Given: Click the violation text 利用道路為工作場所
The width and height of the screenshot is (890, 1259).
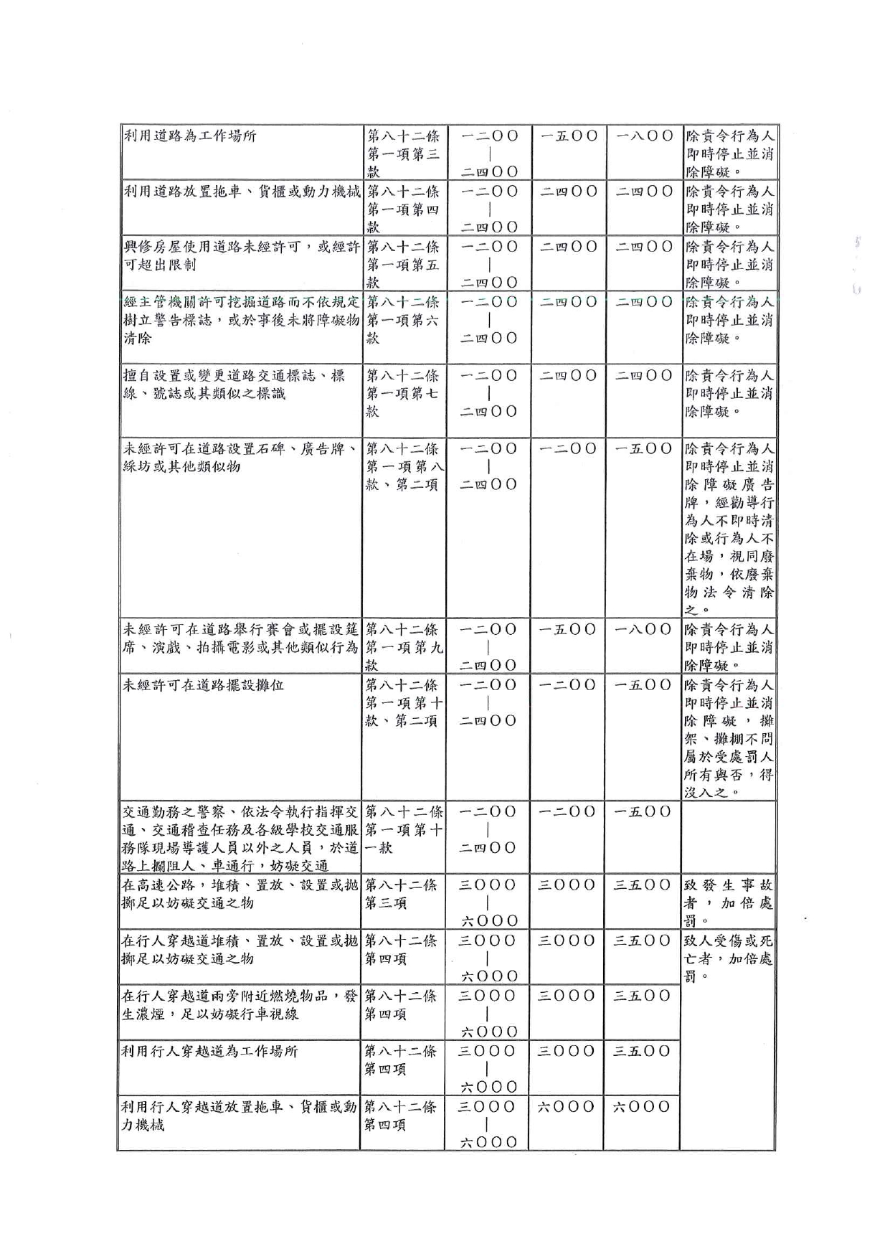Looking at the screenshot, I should (x=190, y=136).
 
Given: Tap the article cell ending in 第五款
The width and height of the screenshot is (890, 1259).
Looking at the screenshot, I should (x=404, y=264).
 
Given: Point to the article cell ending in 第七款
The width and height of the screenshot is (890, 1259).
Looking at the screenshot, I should (x=404, y=393).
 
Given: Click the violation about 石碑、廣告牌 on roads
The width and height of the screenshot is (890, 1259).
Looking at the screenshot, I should (x=240, y=458).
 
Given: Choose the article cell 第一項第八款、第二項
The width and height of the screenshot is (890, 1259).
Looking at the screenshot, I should (x=404, y=466).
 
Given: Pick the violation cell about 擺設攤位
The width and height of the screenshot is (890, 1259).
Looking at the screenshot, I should (x=204, y=685).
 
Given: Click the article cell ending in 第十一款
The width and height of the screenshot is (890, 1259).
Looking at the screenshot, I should (x=404, y=829).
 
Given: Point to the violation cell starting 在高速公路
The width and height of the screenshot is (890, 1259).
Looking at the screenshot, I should (x=240, y=894).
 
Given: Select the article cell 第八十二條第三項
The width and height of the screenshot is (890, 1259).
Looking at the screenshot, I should (x=401, y=894).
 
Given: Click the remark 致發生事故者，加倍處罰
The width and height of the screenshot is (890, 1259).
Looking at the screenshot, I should (x=727, y=902).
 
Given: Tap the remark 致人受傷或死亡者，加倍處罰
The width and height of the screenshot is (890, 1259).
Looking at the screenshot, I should (x=727, y=958).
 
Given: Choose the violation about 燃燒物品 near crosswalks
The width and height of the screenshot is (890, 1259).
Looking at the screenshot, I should (x=240, y=1004).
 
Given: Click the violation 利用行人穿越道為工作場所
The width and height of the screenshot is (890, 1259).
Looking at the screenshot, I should (x=209, y=1052).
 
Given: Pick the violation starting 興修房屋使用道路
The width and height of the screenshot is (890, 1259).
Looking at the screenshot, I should (x=241, y=255).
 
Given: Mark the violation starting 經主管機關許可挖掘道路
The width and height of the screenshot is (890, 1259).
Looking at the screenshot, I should (x=241, y=319).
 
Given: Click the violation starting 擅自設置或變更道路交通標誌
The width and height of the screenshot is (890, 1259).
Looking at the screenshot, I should (x=234, y=384).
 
